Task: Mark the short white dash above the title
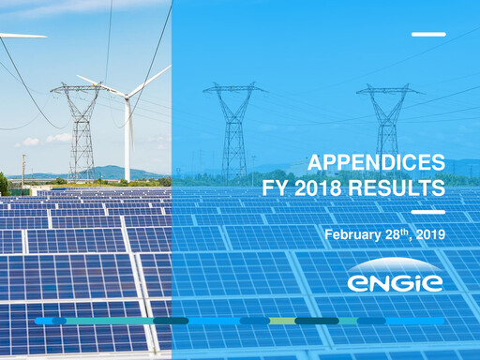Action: point(428,35)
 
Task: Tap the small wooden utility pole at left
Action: point(23,169)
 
